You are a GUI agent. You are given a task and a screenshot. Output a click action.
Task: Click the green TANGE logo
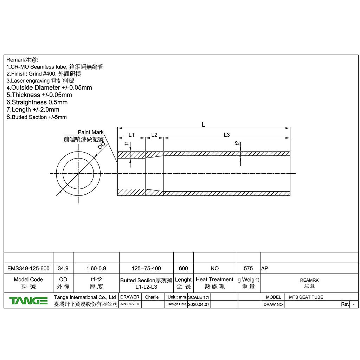pos(28,301)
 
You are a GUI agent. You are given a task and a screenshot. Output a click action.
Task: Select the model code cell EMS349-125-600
pos(28,268)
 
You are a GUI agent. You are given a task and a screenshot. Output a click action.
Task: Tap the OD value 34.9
pos(63,268)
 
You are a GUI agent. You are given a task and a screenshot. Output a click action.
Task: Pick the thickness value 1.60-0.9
pos(96,268)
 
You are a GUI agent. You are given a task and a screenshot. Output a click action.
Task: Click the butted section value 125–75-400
pos(146,268)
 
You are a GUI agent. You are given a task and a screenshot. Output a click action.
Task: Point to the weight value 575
pos(248,268)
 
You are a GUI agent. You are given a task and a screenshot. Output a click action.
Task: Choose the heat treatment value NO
pos(214,268)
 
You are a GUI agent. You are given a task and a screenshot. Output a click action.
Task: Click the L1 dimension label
pos(131,135)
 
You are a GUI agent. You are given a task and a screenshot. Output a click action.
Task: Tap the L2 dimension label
pos(154,135)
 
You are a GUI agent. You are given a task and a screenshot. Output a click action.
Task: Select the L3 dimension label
pos(227,135)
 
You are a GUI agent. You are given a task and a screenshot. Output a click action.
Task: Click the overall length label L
pos(204,124)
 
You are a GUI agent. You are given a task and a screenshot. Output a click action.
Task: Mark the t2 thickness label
pos(237,143)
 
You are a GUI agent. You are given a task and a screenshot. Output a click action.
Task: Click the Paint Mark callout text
pos(91,132)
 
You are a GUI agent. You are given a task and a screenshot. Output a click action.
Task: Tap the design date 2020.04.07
pos(199,304)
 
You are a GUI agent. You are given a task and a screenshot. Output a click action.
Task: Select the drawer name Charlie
pos(152,297)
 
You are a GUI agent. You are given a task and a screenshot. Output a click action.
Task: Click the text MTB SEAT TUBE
pos(306,297)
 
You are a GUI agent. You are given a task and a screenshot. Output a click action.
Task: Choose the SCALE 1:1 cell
pos(199,297)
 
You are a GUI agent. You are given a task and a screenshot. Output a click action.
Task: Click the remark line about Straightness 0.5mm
pos(37,102)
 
